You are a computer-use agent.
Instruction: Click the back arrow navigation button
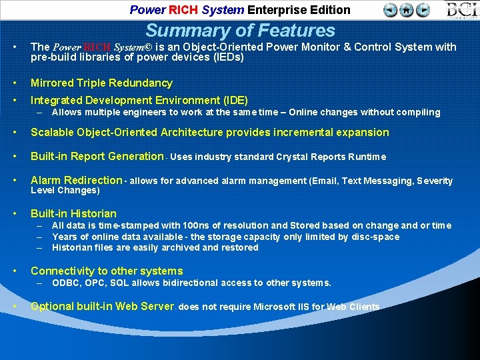[391, 10]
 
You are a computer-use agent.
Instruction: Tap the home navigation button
[407, 10]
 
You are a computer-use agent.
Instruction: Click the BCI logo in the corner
[463, 10]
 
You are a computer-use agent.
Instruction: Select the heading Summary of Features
[240, 30]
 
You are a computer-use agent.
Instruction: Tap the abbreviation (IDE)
[233, 101]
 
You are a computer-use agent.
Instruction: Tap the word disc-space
[375, 237]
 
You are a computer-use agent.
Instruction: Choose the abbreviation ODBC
[65, 283]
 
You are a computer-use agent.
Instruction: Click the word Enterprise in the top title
[275, 10]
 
